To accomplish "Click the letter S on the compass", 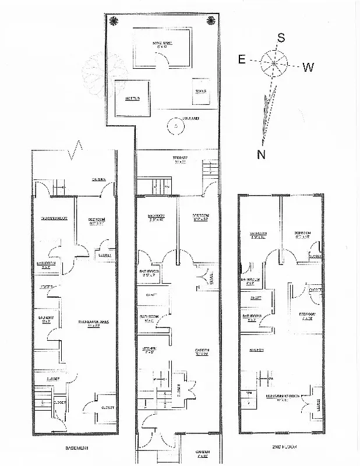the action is [281, 38].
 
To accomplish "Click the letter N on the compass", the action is [262, 154].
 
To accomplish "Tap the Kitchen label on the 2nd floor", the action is [257, 349].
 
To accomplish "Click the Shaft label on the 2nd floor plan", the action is [256, 298].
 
